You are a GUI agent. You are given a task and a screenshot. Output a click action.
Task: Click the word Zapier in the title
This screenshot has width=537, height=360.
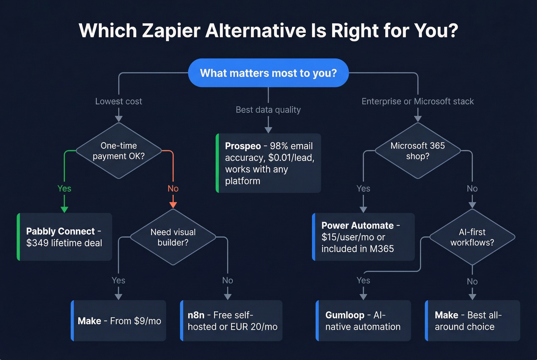click(171, 31)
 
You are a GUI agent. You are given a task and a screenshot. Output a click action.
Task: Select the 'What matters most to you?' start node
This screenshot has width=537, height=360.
click(268, 73)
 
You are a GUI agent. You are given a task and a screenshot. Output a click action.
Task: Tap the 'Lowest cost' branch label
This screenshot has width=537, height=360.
click(119, 101)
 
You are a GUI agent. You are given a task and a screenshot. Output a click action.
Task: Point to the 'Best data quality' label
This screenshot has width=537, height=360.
click(268, 110)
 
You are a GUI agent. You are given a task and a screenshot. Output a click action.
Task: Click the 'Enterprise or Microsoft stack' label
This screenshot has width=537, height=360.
click(418, 101)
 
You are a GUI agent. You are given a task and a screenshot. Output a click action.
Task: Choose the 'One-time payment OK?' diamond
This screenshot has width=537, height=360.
click(119, 151)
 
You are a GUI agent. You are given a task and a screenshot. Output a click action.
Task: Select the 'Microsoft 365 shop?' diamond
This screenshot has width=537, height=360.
click(418, 151)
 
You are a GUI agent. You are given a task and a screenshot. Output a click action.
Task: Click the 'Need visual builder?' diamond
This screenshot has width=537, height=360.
click(173, 237)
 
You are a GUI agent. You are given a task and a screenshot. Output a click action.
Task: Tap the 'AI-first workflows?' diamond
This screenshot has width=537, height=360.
click(472, 237)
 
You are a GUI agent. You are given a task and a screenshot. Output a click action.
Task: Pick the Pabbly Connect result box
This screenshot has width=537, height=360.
click(64, 237)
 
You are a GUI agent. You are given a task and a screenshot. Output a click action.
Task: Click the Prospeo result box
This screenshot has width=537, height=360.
click(268, 163)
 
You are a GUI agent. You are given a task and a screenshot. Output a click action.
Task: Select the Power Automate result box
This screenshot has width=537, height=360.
click(363, 237)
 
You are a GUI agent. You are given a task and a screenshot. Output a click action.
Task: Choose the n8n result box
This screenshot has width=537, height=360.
click(231, 321)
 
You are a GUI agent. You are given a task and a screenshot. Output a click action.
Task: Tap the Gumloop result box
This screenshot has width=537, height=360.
click(363, 321)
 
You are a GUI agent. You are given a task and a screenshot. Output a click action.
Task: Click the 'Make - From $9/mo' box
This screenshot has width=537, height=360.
click(119, 321)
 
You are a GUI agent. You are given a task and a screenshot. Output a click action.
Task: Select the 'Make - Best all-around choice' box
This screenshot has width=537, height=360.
click(473, 321)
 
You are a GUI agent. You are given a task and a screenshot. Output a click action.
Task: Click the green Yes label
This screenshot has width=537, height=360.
click(64, 188)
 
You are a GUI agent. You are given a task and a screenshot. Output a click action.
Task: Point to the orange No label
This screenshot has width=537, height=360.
click(173, 188)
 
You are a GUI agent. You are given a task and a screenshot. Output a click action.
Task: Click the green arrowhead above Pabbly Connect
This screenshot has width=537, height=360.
click(64, 209)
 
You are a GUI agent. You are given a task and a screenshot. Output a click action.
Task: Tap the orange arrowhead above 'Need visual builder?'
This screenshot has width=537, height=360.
click(173, 205)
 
